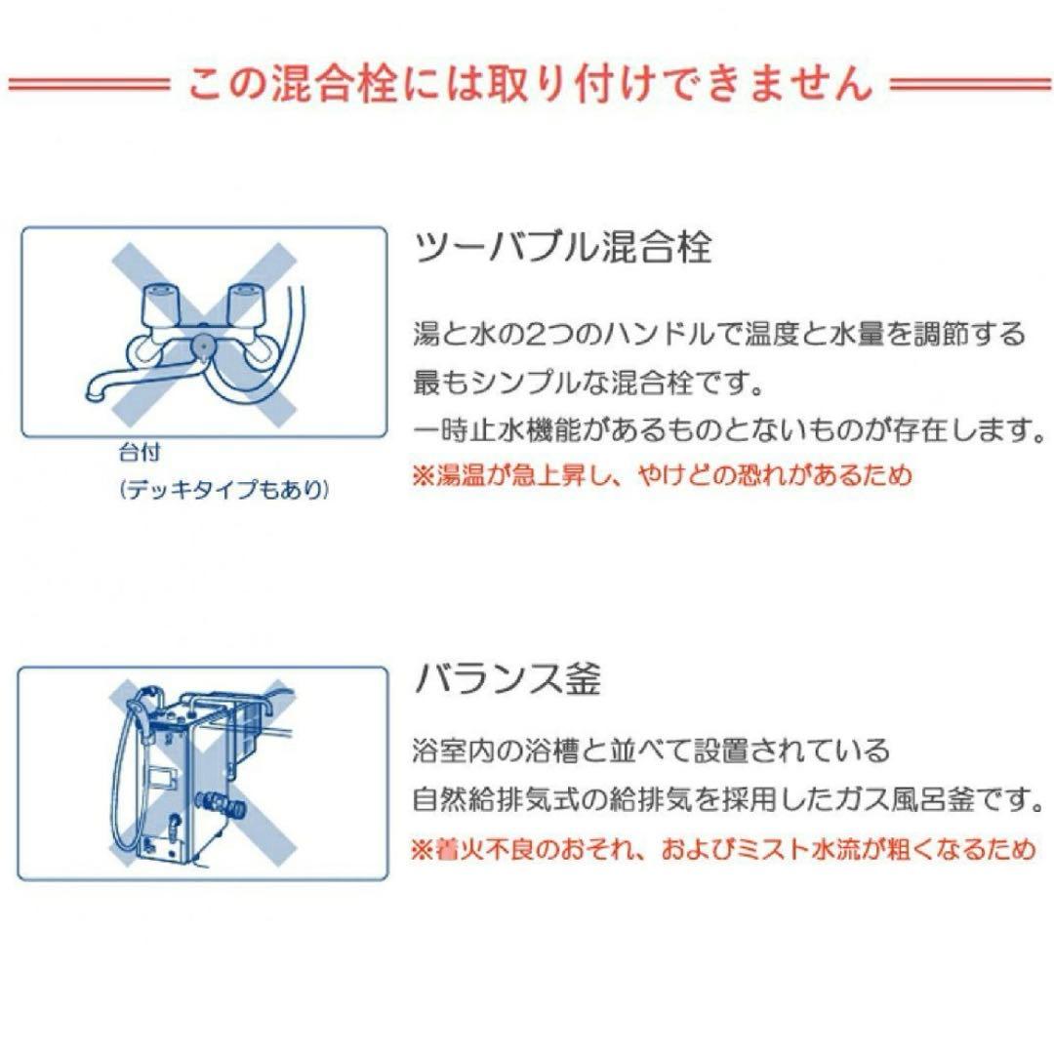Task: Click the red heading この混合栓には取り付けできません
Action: tap(528, 83)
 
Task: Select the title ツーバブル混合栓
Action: tap(563, 248)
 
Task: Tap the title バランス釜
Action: tap(507, 678)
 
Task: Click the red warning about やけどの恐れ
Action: tap(662, 475)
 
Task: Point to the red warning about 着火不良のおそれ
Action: tap(723, 849)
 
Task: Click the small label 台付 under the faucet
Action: tap(140, 454)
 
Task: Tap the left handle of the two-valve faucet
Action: tap(159, 304)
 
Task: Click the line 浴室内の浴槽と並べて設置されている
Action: tap(652, 752)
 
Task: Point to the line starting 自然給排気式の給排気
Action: tap(723, 801)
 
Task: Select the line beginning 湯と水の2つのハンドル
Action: tap(719, 335)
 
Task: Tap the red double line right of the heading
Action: tap(971, 84)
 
